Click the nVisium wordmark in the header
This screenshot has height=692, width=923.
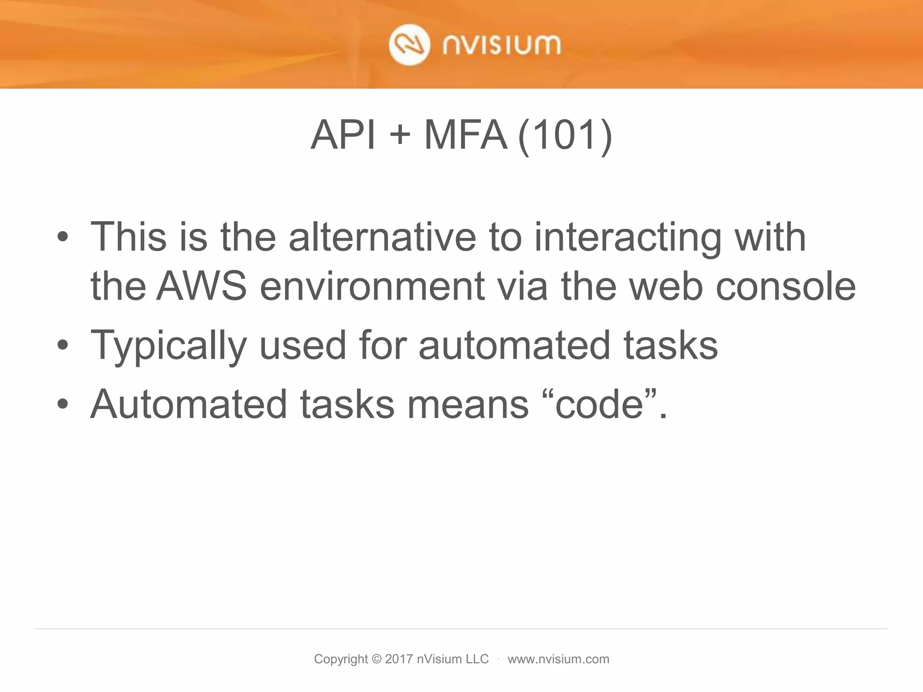[502, 46]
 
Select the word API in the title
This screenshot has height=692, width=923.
[343, 135]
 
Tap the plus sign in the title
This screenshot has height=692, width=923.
[399, 136]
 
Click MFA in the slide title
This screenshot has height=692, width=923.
[465, 135]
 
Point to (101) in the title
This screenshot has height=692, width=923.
[565, 136]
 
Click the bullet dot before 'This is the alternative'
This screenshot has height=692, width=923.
[63, 237]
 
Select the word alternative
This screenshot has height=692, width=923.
[382, 237]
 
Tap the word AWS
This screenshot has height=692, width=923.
[201, 287]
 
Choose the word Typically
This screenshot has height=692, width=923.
[169, 346]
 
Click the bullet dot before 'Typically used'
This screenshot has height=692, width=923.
[63, 345]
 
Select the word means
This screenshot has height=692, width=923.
[468, 404]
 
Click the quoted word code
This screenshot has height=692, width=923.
[599, 404]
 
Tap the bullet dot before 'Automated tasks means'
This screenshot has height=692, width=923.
[63, 404]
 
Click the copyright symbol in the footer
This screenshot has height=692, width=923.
[377, 659]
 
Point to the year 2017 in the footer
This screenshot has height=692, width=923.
[399, 659]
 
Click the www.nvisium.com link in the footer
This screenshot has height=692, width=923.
[558, 659]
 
